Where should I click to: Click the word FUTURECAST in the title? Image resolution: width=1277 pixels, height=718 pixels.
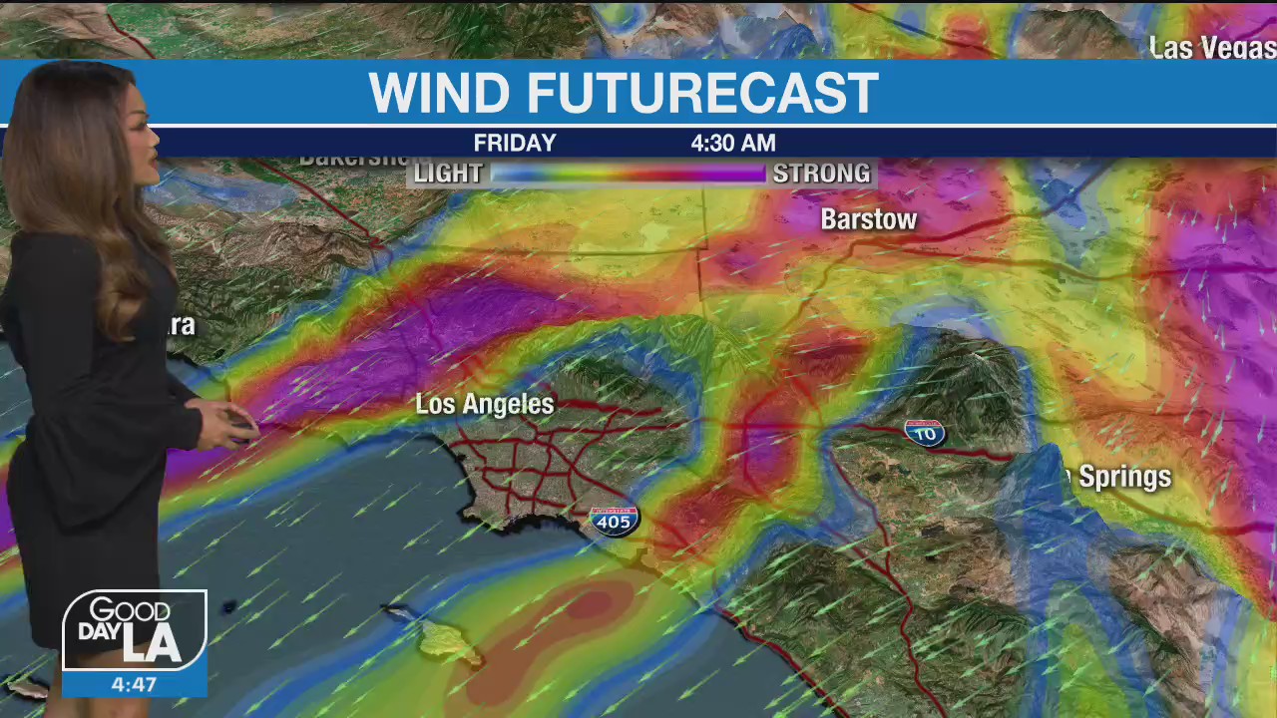coord(701,94)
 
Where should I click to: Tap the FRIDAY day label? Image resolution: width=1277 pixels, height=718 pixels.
coord(515,144)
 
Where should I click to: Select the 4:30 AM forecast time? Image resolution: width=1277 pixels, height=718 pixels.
coord(732,144)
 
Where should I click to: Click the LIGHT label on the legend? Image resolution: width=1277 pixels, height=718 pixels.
coord(448,174)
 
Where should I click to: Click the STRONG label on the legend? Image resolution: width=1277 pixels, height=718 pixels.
coord(821,174)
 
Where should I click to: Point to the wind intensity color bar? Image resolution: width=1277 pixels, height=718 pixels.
coord(628,174)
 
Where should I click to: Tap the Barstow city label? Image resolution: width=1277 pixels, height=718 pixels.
coord(868,220)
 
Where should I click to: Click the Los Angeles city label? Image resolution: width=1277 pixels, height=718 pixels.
coord(484,404)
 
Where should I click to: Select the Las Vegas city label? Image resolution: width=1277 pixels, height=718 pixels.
coord(1211,48)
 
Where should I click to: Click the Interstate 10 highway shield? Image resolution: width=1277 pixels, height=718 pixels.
coord(924,432)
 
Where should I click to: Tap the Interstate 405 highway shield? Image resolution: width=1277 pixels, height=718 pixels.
coord(614,521)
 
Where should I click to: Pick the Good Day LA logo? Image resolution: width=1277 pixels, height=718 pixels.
coord(135,631)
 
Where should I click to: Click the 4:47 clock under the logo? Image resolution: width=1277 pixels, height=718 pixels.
coord(134,685)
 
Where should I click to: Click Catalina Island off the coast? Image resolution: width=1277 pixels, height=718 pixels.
coord(449,643)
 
